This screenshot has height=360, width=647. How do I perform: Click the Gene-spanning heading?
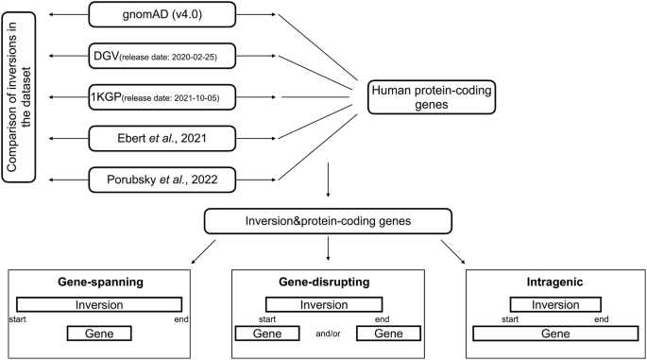[x=99, y=284]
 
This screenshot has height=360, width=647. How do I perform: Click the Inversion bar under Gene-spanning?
[x=99, y=304]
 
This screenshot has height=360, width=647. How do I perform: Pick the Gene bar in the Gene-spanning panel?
[x=98, y=334]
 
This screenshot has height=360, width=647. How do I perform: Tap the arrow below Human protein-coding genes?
[x=327, y=176]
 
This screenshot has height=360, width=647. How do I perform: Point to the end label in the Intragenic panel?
[x=602, y=318]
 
